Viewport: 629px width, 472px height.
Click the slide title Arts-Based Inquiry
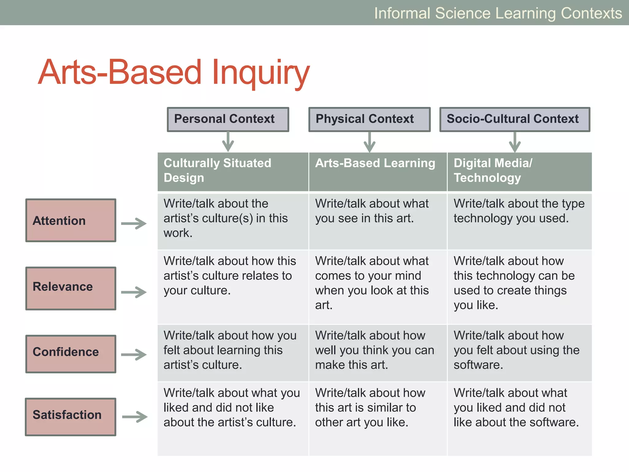click(174, 72)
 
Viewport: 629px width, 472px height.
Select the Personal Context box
click(228, 119)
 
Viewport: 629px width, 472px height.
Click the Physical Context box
click(369, 119)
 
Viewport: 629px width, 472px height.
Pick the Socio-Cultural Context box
click(514, 119)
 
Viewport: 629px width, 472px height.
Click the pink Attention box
click(71, 220)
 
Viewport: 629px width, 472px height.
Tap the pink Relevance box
click(71, 288)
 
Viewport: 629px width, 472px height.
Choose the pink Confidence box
click(71, 354)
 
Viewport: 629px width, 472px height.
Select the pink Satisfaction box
click(71, 417)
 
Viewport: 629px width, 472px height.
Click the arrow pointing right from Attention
click(134, 223)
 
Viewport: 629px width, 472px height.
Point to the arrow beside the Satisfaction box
click(135, 417)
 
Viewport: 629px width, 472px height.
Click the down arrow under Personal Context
click(228, 142)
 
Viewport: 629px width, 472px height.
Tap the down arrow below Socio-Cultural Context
click(515, 142)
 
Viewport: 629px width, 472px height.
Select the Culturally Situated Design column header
click(232, 171)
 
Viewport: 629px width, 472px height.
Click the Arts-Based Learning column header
click(377, 171)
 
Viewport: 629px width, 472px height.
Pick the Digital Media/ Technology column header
click(519, 171)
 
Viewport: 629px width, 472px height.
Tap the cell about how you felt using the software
click(519, 352)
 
